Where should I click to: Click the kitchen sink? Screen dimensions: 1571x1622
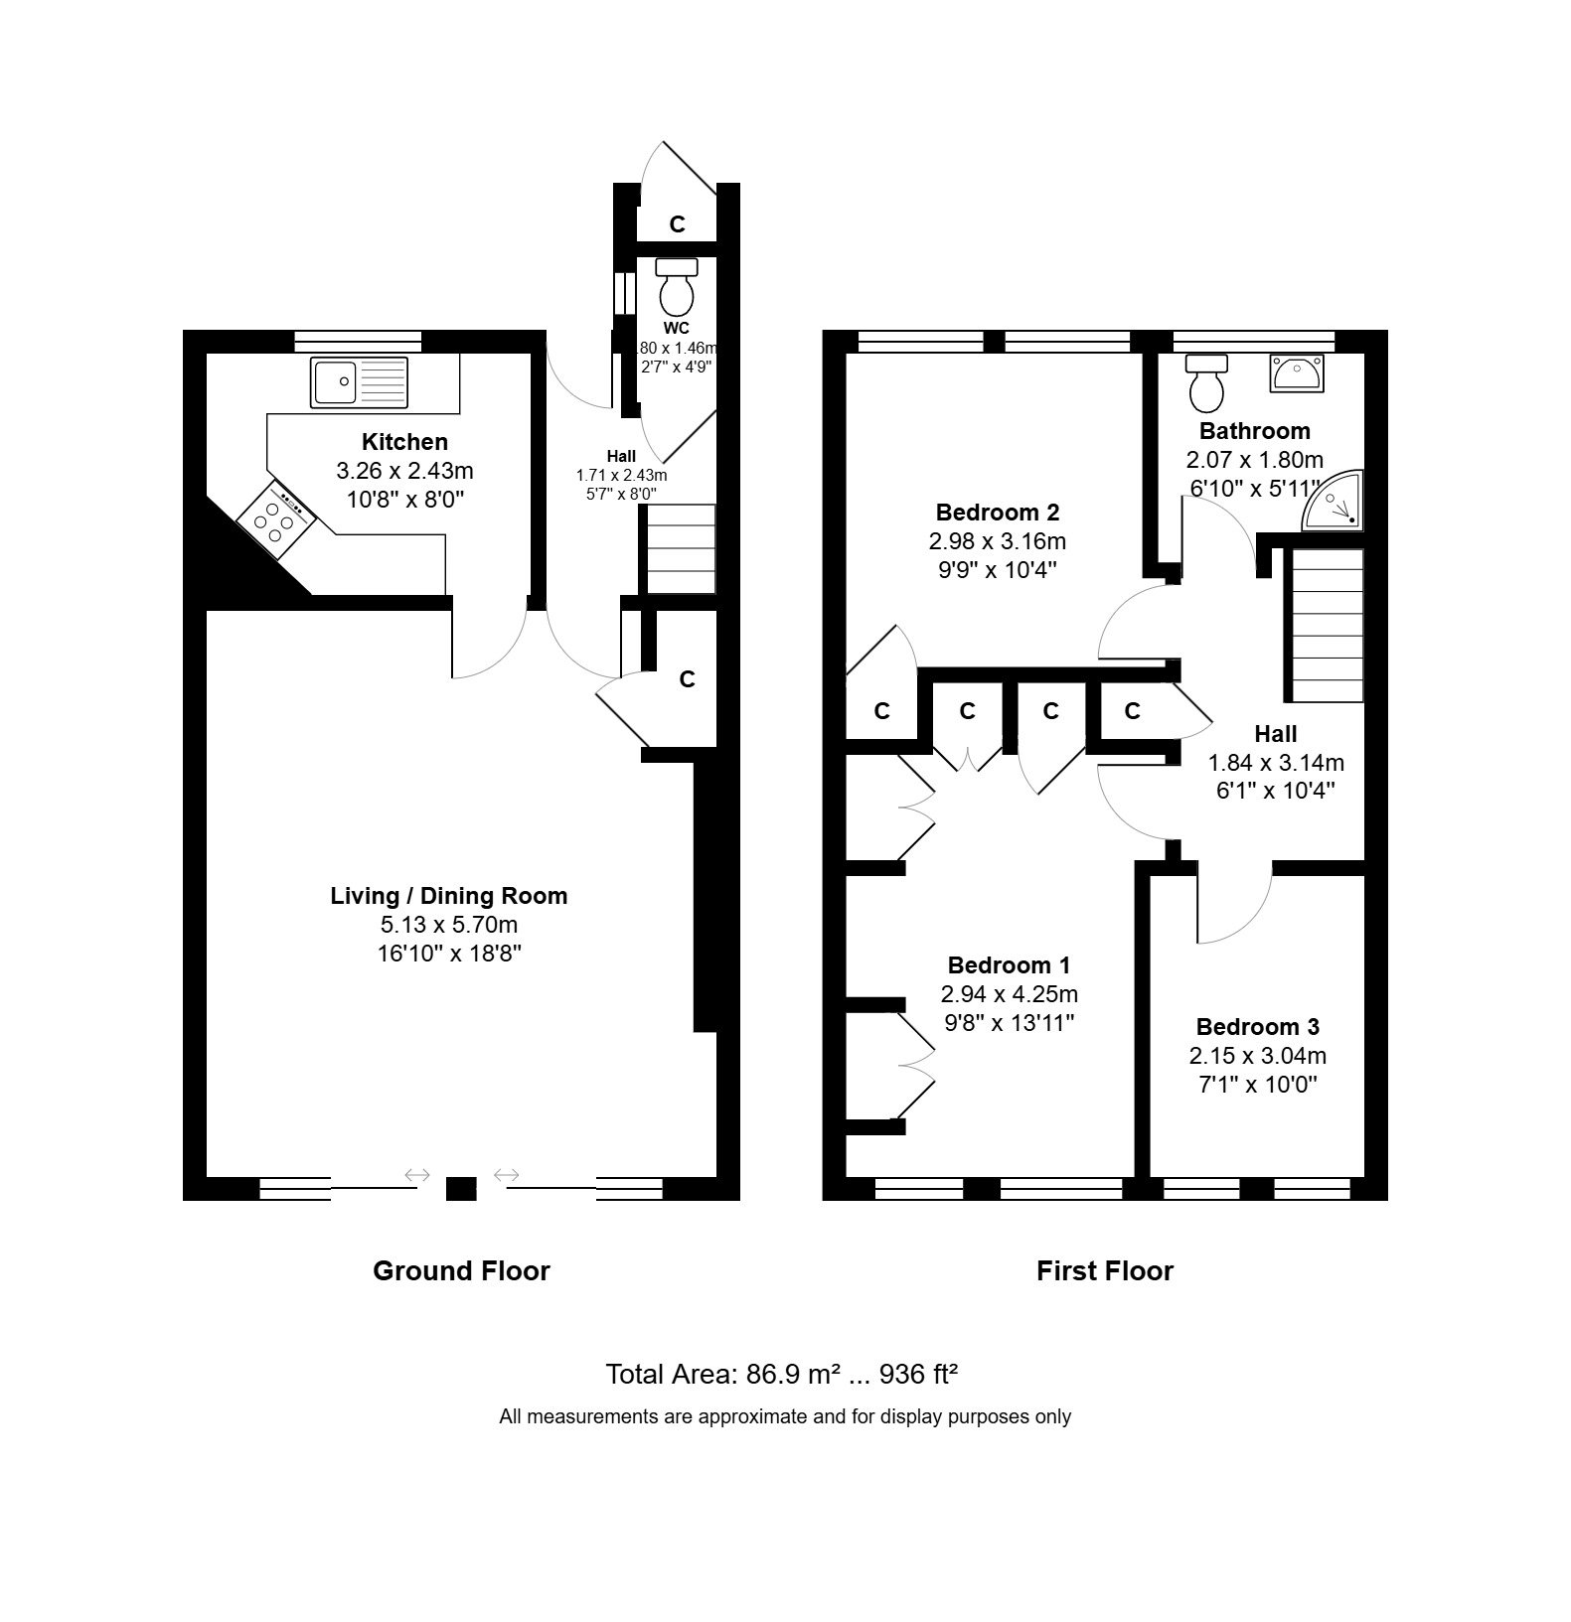359,382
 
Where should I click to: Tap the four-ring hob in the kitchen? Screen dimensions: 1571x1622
277,516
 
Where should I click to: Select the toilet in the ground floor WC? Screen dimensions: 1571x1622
678,286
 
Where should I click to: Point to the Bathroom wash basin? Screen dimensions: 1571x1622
1296,373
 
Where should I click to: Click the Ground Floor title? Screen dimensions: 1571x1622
461,1270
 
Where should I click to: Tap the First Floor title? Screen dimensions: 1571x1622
1105,1270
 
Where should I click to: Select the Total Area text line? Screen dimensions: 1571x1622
782,1374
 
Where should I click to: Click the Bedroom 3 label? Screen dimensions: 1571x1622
1257,1027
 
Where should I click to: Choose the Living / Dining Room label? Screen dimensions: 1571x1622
449,896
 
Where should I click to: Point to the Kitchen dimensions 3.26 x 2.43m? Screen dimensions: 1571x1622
404,470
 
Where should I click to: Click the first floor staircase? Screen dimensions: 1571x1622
1327,626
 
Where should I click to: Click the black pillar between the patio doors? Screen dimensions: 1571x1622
461,1189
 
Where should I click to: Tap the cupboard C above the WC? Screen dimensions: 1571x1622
678,224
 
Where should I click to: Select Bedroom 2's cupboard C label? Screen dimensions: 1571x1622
881,711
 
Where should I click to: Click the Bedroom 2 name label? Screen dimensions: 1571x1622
998,513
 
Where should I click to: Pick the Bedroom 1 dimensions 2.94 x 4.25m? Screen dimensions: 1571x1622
1009,994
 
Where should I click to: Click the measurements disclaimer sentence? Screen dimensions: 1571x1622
785,1416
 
